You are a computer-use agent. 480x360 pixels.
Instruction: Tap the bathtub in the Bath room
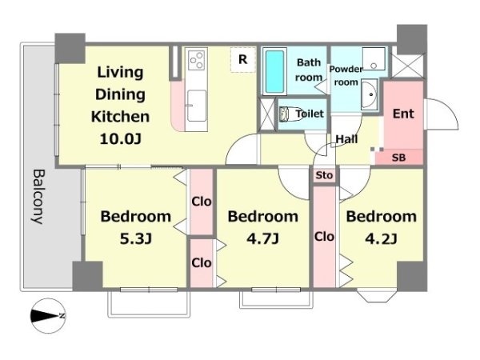274,71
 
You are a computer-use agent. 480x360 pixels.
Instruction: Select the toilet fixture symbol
289,114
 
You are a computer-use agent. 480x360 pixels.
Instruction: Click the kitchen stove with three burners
197,58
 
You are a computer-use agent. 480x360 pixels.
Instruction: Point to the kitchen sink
197,106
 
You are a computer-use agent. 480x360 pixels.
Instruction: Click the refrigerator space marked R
243,59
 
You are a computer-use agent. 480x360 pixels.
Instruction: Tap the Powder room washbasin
370,94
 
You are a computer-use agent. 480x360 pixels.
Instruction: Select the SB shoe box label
398,158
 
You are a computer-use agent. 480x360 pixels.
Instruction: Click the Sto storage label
324,175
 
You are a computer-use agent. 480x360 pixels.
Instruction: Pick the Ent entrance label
403,114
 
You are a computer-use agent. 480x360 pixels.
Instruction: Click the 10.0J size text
121,139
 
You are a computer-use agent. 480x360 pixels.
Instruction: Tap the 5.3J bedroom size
136,239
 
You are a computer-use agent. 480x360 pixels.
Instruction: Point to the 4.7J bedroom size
262,239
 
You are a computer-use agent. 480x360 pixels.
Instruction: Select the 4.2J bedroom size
381,239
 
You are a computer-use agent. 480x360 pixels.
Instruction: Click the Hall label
346,139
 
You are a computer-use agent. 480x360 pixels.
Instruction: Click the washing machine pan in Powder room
374,58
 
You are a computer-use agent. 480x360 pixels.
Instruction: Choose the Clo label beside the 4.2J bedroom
324,237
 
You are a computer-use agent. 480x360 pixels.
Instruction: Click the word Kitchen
120,117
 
